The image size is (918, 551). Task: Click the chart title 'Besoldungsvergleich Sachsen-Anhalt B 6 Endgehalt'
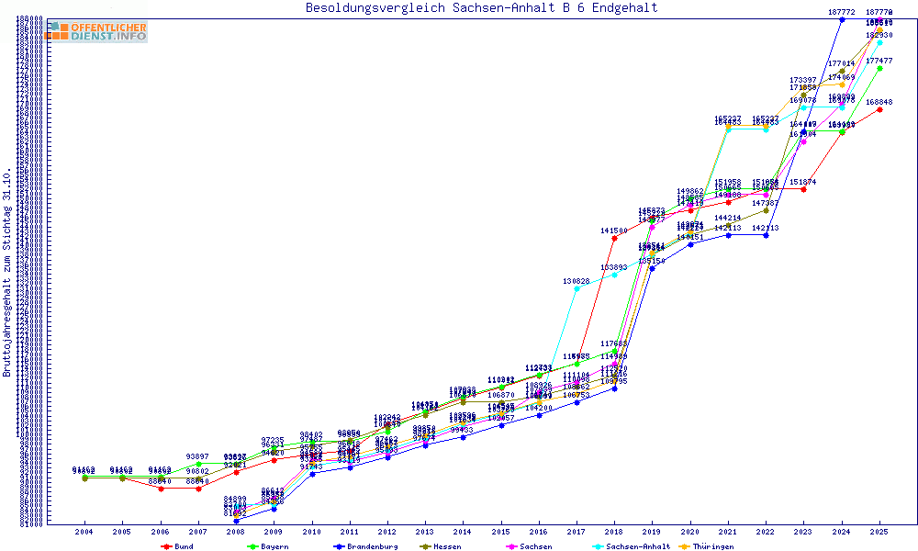481,8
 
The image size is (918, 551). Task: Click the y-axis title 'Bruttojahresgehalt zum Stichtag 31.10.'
8,272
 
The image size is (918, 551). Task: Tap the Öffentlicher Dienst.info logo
95,32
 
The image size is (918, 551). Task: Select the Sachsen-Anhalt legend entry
634,546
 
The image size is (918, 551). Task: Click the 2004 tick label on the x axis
84,532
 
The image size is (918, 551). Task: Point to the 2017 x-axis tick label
577,532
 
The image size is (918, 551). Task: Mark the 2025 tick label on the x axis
879,532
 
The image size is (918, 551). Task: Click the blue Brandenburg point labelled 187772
842,19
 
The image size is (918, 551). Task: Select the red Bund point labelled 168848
879,109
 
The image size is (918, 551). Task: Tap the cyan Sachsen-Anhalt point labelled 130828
577,288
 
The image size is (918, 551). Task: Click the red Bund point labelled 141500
614,238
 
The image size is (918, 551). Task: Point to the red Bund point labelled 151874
803,189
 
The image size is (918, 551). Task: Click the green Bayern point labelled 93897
198,464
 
